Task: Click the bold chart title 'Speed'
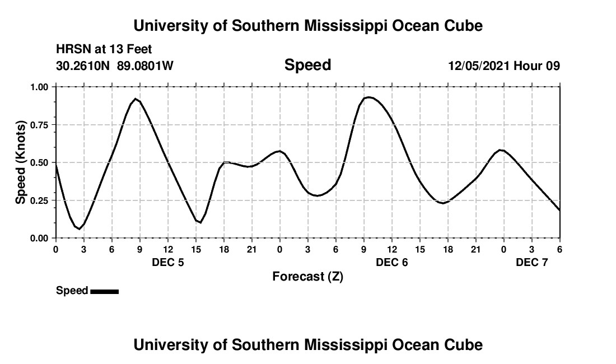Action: tap(307, 65)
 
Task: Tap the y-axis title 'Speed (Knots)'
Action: tap(21, 162)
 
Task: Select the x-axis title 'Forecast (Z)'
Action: tap(307, 277)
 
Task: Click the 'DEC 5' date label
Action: tap(168, 263)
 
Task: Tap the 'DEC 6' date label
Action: tap(392, 263)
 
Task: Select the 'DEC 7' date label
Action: tap(532, 263)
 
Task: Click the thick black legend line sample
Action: tap(104, 291)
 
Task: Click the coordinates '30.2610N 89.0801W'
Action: tap(115, 66)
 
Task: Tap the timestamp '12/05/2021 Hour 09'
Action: tap(504, 66)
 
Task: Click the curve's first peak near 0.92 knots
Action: tap(136, 99)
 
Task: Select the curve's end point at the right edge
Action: tap(559, 210)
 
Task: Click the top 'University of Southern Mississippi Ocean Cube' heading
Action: tap(307, 26)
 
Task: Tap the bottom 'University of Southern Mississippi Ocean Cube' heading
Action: tap(307, 345)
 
